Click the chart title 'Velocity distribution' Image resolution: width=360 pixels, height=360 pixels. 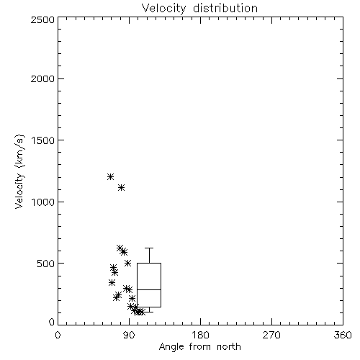pos(199,8)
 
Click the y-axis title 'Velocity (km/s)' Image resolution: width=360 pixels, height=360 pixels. pos(19,171)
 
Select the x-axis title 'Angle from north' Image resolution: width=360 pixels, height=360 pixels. pos(199,346)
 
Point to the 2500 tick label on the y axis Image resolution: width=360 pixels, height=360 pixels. pos(42,19)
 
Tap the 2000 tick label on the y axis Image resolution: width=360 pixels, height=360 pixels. pos(42,78)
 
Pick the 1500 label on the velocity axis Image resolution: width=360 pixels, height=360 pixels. pos(42,140)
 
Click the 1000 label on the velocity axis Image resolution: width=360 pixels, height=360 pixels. pos(42,202)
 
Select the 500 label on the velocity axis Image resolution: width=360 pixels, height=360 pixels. pos(46,264)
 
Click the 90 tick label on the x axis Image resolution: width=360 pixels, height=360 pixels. pos(129,335)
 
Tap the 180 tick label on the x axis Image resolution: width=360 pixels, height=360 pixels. pos(199,335)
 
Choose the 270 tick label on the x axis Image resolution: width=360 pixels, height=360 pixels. pos(271,335)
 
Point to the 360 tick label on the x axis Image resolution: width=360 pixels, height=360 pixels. pos(343,335)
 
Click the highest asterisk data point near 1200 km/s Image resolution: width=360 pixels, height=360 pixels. pos(110,177)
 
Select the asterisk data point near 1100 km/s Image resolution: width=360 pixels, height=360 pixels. pos(122,187)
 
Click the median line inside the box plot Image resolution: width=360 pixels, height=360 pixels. pos(149,289)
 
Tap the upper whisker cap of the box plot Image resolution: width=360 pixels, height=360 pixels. pos(149,248)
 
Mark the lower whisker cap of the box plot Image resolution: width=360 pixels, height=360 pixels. pos(149,312)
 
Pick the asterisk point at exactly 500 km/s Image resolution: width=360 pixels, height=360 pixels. pos(128,263)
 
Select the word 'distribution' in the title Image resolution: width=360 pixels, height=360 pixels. pos(225,8)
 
